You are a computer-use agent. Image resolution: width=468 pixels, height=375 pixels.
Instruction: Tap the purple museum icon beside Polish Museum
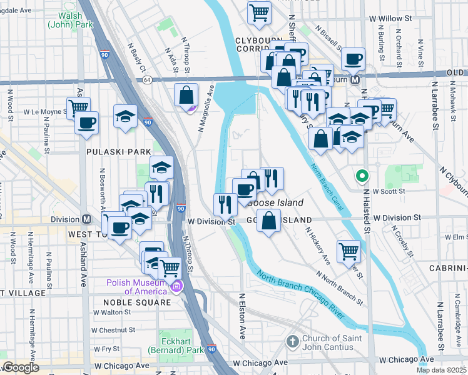(x=176, y=287)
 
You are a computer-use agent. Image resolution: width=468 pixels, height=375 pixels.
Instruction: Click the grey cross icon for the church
(x=292, y=342)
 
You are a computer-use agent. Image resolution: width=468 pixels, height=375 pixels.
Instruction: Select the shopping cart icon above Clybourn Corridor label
(x=259, y=12)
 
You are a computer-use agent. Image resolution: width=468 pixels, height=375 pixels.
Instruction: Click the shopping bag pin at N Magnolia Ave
(x=186, y=96)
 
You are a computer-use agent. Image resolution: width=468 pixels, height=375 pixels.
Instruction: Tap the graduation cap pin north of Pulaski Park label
(x=125, y=116)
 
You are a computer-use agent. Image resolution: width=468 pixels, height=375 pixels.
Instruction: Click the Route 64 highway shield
(x=146, y=80)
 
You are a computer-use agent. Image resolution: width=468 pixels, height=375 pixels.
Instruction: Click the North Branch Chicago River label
(x=300, y=294)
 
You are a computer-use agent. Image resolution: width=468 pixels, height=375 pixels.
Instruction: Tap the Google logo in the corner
(x=21, y=367)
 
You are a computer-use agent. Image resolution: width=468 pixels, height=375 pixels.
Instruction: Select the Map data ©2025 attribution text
(x=440, y=370)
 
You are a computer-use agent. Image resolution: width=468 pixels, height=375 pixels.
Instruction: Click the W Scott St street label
(x=389, y=191)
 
